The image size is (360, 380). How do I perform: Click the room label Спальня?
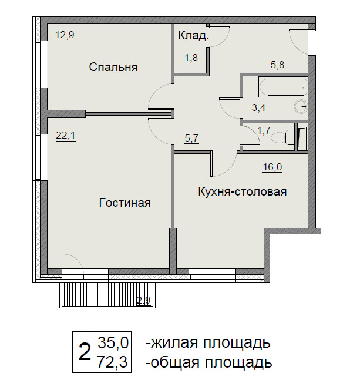113,67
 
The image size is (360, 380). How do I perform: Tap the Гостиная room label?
125,203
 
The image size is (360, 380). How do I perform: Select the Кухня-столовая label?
243,191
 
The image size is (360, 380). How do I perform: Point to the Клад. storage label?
194,36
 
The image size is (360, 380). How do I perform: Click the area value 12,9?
65,35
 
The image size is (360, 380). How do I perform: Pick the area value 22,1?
66,135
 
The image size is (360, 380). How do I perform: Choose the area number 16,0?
272,167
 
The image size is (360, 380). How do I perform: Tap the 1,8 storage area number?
191,58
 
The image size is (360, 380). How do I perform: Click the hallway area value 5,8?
277,65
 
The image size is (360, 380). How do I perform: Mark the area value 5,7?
191,139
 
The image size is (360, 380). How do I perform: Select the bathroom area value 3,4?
259,107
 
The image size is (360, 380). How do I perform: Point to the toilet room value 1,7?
263,130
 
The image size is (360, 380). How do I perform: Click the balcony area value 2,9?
144,301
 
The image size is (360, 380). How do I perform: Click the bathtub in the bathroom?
283,87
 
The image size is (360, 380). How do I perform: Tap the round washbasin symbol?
301,106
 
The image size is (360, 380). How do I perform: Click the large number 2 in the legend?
85,352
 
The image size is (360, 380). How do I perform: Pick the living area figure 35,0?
113,342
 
